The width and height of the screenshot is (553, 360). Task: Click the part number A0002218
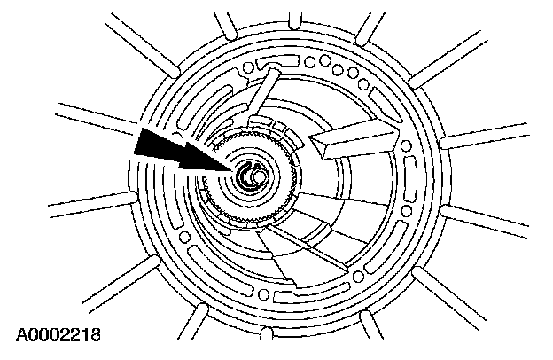(x=57, y=336)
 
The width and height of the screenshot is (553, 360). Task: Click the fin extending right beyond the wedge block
(x=470, y=142)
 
